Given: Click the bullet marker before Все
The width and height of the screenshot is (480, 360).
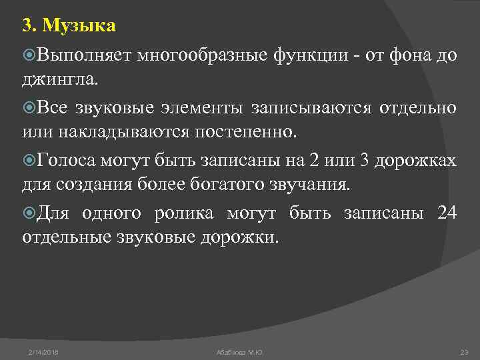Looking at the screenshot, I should (x=28, y=108).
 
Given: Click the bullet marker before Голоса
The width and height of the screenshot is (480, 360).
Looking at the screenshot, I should (x=28, y=161).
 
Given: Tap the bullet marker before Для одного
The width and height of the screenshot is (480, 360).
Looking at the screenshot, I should (x=28, y=213).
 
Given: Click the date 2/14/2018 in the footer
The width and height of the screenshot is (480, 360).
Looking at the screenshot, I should (x=43, y=351).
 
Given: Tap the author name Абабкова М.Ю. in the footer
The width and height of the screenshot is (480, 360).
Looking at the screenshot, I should (x=240, y=351).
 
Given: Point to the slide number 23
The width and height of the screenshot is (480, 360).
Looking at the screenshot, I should (x=465, y=351).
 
